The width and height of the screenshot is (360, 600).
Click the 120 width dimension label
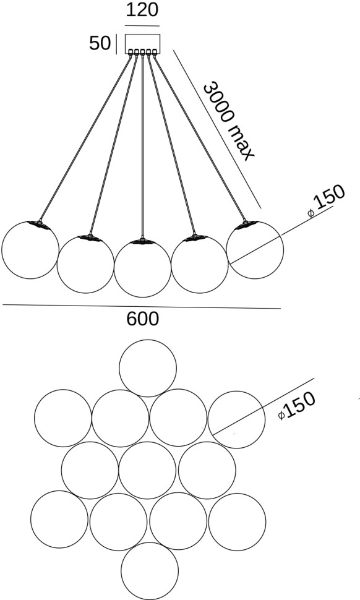(x=142, y=10)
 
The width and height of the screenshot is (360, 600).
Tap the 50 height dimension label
(x=100, y=43)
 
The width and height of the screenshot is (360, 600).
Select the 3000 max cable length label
(x=228, y=121)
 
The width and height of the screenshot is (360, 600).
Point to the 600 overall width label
(x=142, y=319)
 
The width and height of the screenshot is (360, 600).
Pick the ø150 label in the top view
(x=297, y=405)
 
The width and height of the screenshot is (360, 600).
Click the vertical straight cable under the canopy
(x=142, y=145)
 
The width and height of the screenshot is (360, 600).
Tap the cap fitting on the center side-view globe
(x=142, y=241)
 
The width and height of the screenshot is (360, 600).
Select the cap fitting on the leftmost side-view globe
(x=39, y=225)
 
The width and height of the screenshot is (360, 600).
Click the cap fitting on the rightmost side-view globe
(x=246, y=225)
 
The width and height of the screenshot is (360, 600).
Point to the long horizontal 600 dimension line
(x=142, y=307)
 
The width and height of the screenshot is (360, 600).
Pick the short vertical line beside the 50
(x=116, y=45)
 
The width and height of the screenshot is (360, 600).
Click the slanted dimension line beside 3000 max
(x=217, y=129)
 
